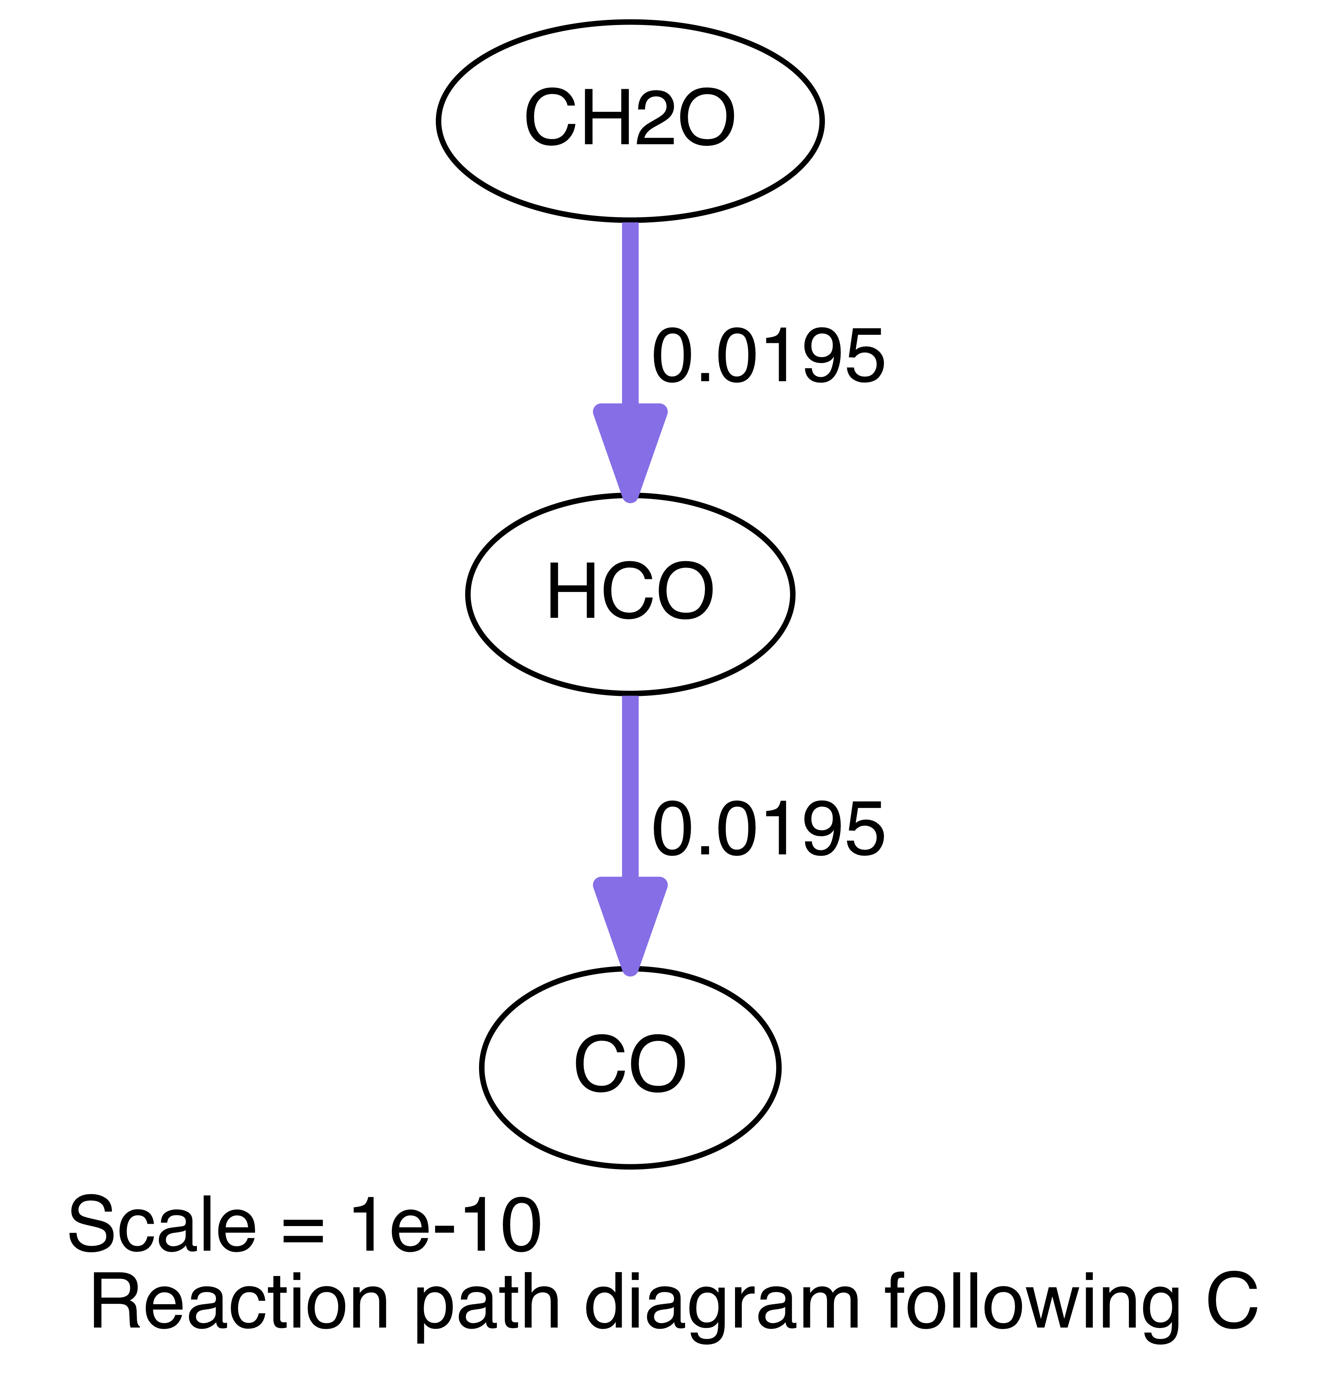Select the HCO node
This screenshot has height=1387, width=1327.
(630, 594)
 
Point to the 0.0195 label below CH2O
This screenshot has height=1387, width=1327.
(768, 357)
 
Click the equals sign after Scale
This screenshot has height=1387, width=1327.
(303, 1229)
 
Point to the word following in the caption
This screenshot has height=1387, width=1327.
(1031, 1305)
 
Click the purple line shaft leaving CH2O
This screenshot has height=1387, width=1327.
(630, 311)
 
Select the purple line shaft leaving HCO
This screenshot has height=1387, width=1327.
(630, 785)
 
